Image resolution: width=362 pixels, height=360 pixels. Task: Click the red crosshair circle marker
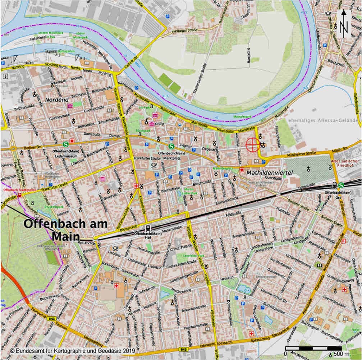click(x=252, y=145)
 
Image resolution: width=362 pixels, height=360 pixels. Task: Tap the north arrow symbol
click(x=344, y=23)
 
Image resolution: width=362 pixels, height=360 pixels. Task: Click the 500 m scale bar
click(x=313, y=348)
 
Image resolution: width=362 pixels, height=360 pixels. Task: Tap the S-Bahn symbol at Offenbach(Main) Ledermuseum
click(x=66, y=144)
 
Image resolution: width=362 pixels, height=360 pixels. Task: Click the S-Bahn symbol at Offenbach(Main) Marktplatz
click(x=171, y=146)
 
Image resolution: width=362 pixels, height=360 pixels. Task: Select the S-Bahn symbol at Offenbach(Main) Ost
click(x=341, y=185)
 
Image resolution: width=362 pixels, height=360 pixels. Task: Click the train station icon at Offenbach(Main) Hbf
click(x=148, y=228)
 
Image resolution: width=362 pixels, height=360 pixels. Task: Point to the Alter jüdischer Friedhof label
click(x=345, y=163)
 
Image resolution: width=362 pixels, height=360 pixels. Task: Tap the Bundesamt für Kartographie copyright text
click(x=72, y=350)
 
